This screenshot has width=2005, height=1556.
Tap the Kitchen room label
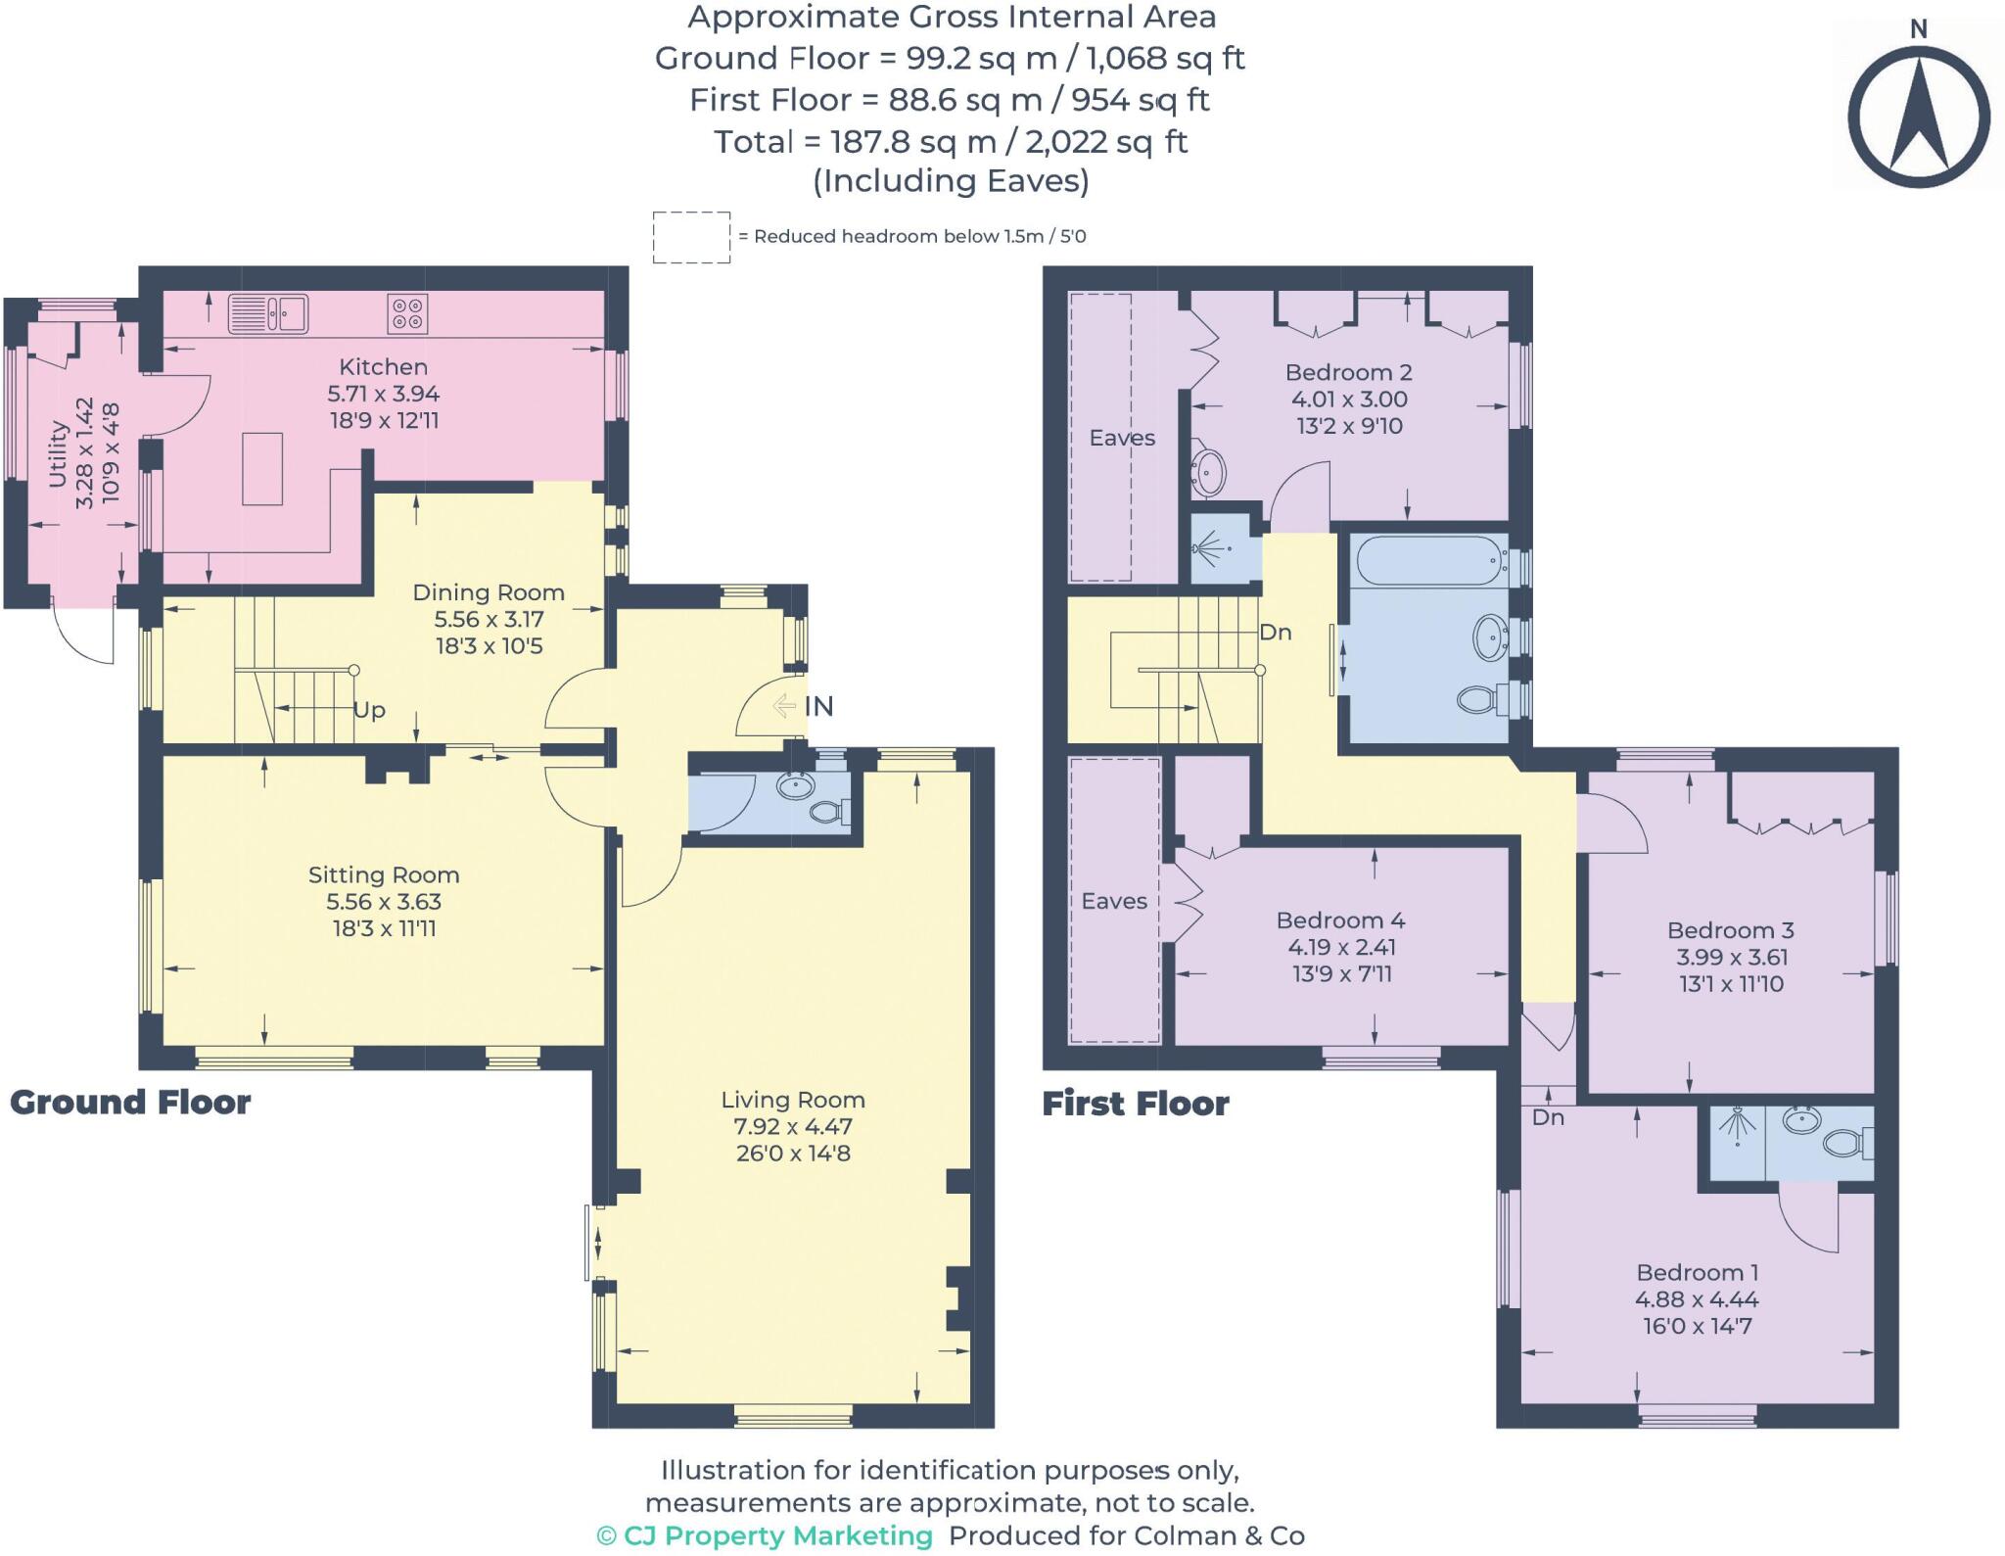point(383,367)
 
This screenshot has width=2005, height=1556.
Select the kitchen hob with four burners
point(408,314)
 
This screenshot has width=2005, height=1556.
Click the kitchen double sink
point(268,314)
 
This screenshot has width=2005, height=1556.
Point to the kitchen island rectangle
point(262,469)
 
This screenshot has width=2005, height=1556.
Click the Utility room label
point(58,452)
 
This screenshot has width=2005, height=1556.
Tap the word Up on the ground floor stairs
point(369,710)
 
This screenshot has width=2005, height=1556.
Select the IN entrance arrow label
point(806,705)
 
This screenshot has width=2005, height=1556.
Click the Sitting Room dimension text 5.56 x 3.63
point(383,902)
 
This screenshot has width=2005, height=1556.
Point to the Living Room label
point(793,1100)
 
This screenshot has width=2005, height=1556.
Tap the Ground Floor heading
point(130,1103)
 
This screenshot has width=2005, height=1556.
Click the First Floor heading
point(1135,1104)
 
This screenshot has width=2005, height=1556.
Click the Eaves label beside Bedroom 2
point(1122,438)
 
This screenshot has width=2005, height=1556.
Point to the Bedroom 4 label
point(1340,920)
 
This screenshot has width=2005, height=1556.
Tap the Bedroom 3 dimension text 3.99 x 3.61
point(1731,957)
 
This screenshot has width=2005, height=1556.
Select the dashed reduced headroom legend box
point(691,237)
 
